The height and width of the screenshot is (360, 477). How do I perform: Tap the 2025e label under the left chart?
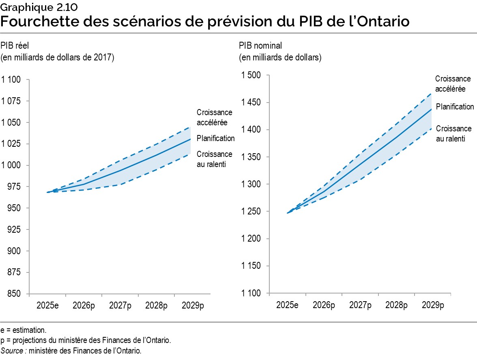pyautogui.click(x=47, y=305)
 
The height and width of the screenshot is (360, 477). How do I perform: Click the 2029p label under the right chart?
pyautogui.click(x=432, y=305)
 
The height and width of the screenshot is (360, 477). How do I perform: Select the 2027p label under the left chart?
pyautogui.click(x=120, y=305)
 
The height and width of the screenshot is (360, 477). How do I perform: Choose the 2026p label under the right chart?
pyautogui.click(x=324, y=305)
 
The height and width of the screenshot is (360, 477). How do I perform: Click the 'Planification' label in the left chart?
pyautogui.click(x=215, y=138)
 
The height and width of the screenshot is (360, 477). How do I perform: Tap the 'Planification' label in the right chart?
pyautogui.click(x=455, y=107)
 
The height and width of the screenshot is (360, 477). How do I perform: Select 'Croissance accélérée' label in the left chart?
pyautogui.click(x=214, y=117)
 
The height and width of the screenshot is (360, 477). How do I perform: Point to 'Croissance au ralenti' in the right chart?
pyautogui.click(x=453, y=133)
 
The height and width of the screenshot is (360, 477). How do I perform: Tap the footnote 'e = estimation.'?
pyautogui.click(x=24, y=330)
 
